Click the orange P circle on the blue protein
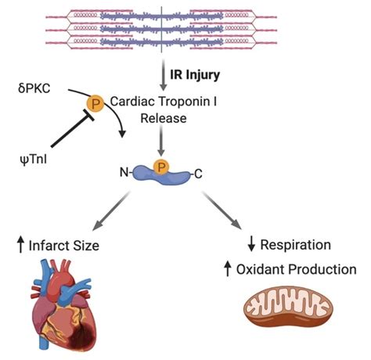point(162,166)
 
